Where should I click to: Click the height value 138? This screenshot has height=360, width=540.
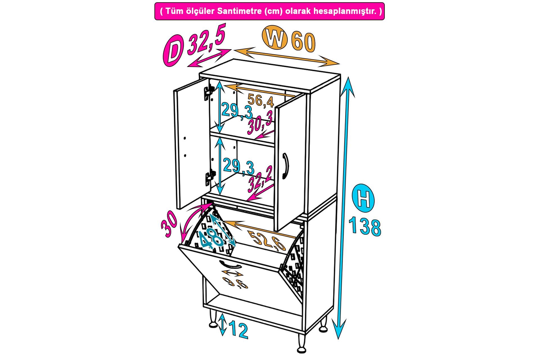365,227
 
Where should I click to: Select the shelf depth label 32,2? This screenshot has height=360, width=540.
260,180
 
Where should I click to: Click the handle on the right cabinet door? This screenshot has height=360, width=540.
286,166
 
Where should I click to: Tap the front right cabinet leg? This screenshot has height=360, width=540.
302,339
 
